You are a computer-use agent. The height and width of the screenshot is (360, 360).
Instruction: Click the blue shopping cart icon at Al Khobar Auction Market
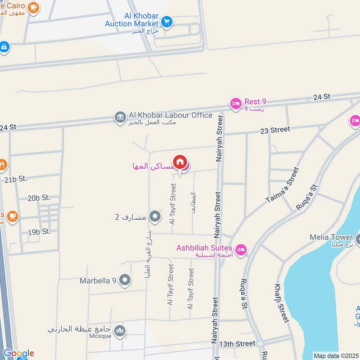(167, 21)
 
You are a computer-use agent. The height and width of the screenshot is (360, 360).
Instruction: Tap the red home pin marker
(180, 162)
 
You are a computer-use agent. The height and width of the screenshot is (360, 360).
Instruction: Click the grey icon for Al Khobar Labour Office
(120, 117)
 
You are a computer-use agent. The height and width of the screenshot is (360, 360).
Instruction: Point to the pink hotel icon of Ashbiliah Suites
(241, 249)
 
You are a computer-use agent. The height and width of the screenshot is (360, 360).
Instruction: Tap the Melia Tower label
(331, 237)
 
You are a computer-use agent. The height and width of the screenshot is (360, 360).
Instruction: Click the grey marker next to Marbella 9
(126, 281)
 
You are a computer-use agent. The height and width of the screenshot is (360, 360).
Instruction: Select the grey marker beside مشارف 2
(155, 217)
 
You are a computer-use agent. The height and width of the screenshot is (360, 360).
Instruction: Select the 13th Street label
(237, 343)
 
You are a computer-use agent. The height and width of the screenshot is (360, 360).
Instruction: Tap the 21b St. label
(16, 179)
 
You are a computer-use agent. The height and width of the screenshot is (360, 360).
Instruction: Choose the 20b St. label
(39, 198)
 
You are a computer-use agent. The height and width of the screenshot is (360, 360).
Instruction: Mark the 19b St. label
(39, 232)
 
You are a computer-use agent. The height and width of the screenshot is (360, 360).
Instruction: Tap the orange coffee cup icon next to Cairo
(33, 8)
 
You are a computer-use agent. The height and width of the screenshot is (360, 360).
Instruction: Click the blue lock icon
(4, 47)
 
